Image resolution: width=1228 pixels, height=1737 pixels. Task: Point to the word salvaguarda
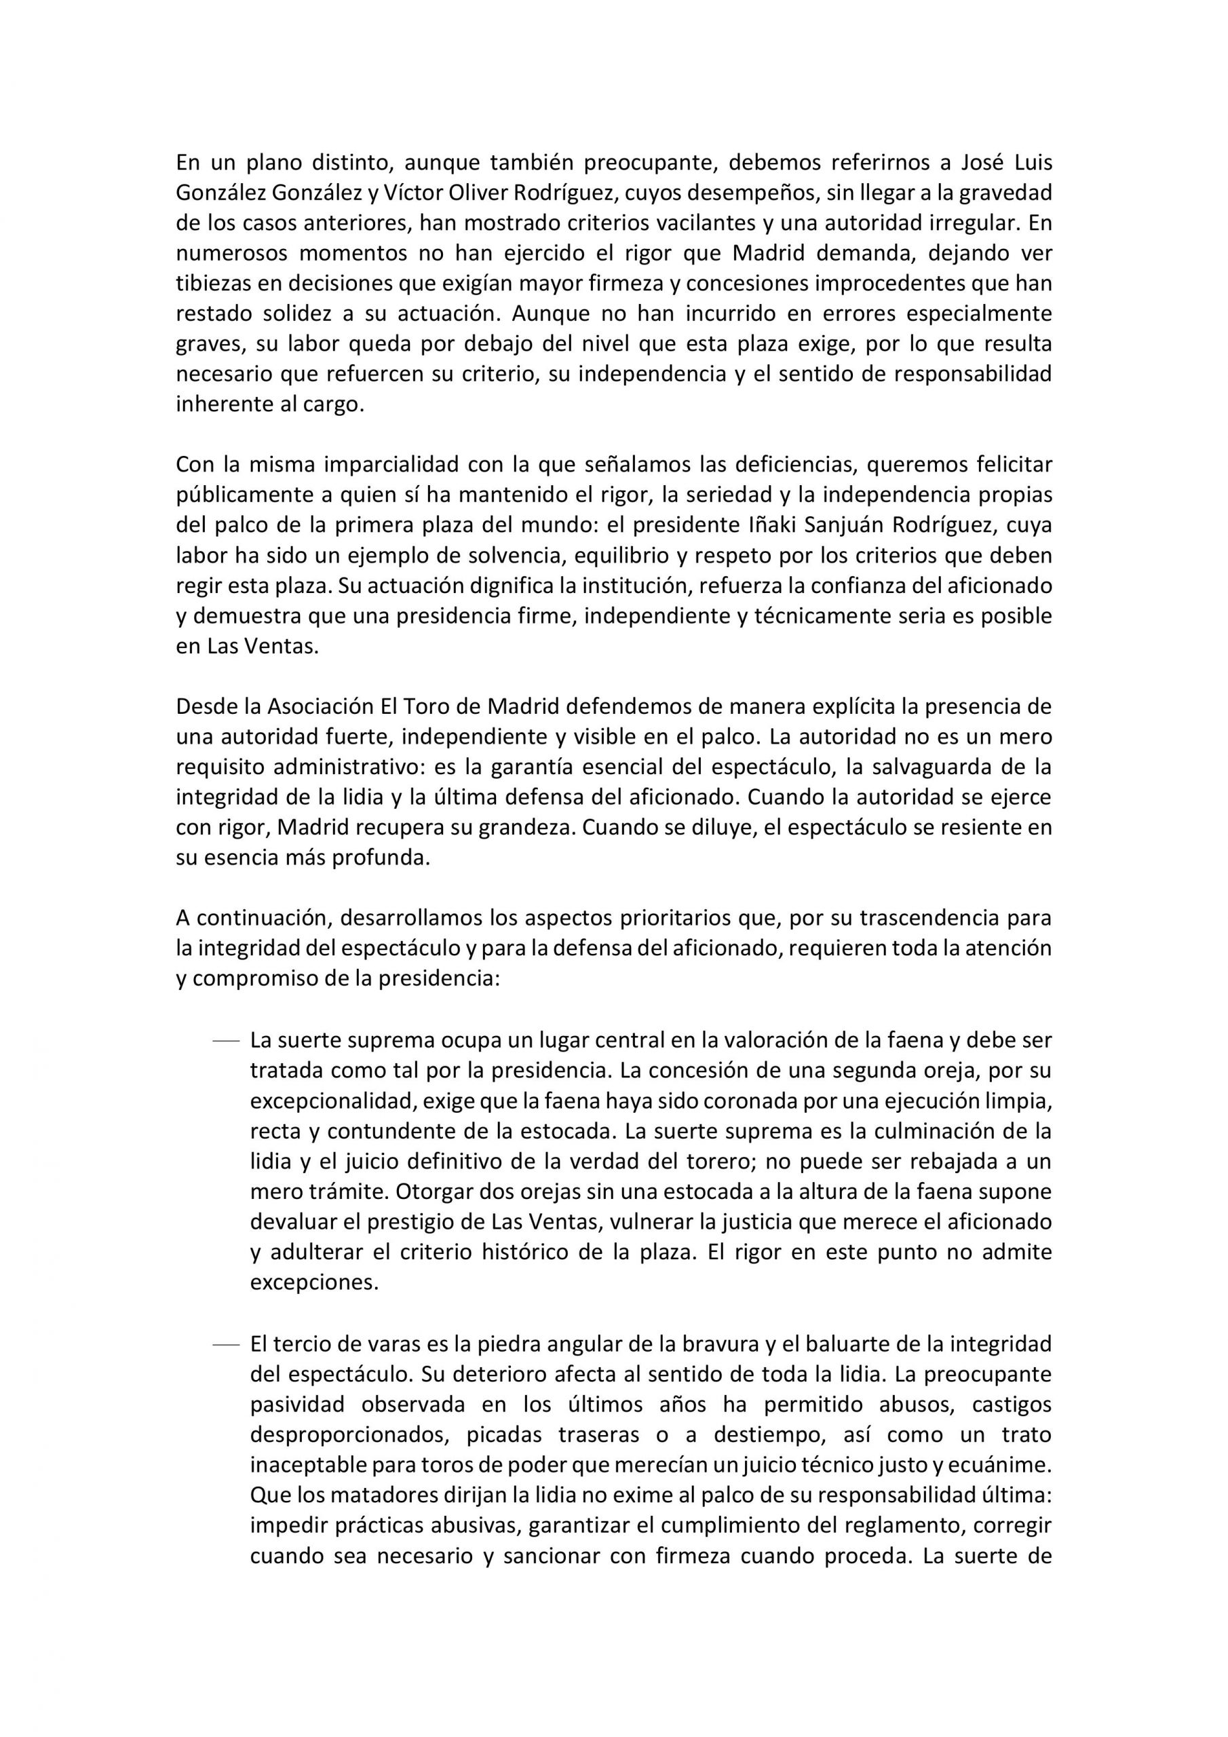(x=927, y=767)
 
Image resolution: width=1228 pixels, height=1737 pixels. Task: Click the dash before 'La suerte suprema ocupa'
(x=225, y=1042)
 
